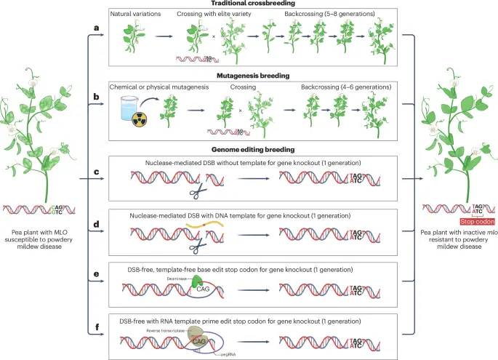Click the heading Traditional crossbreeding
pyautogui.click(x=252, y=4)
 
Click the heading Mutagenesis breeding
pyautogui.click(x=252, y=76)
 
